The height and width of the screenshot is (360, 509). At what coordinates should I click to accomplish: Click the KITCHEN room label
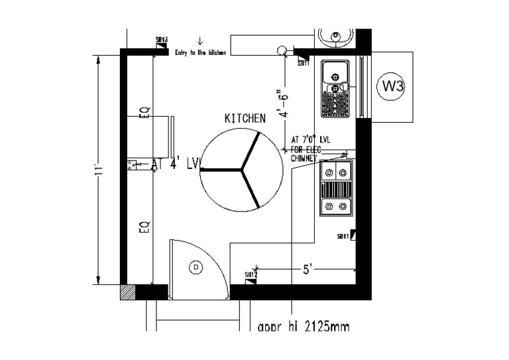(x=245, y=119)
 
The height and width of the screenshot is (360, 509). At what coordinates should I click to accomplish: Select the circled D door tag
(x=196, y=267)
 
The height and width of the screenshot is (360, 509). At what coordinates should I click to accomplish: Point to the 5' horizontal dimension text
(x=307, y=269)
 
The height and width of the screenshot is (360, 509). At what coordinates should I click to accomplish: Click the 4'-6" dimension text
(x=285, y=104)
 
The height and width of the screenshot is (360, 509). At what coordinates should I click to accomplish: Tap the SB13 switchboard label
(x=161, y=40)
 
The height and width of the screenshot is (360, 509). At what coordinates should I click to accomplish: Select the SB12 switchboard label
(x=251, y=274)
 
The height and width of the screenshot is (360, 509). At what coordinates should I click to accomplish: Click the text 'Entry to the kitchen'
(x=200, y=52)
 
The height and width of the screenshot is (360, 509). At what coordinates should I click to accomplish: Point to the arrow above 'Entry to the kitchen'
(x=200, y=42)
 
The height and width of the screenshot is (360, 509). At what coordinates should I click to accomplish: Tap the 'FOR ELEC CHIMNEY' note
(x=306, y=154)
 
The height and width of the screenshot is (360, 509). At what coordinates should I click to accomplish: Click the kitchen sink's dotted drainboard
(x=335, y=103)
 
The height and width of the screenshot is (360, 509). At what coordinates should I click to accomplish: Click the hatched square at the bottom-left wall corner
(x=127, y=292)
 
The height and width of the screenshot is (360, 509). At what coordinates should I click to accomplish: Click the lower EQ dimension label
(x=144, y=227)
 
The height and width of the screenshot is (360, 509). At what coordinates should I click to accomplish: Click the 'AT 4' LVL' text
(x=176, y=164)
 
